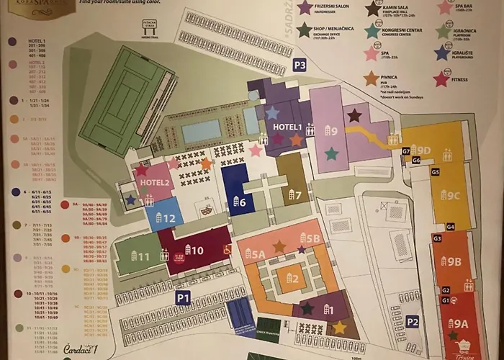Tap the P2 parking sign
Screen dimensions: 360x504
point(412,322)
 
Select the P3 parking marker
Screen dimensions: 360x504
point(300,66)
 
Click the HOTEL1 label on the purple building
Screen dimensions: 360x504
point(287,127)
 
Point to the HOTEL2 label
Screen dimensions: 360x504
point(155,183)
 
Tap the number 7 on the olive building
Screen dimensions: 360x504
point(294,194)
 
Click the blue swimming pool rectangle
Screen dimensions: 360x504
point(202,131)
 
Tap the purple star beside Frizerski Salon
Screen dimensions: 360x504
point(305,8)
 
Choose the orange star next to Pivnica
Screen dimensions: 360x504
point(371,78)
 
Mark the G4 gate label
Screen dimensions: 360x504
point(450,227)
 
